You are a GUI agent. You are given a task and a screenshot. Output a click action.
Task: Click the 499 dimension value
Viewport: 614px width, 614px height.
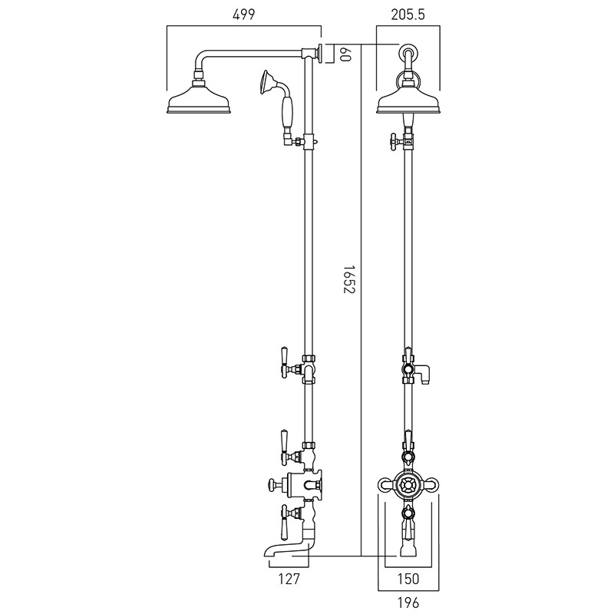243,14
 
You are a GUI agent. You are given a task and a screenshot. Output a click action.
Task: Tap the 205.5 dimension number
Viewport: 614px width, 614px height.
408,14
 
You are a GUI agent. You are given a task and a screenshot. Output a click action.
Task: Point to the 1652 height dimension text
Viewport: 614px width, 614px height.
348,279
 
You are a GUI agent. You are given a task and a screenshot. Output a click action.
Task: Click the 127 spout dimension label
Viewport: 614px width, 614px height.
289,579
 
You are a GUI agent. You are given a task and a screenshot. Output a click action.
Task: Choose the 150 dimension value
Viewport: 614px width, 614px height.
408,579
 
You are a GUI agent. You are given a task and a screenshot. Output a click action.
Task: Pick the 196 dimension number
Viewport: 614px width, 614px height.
408,602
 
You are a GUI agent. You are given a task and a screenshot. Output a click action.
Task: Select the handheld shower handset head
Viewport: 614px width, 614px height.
268,81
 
